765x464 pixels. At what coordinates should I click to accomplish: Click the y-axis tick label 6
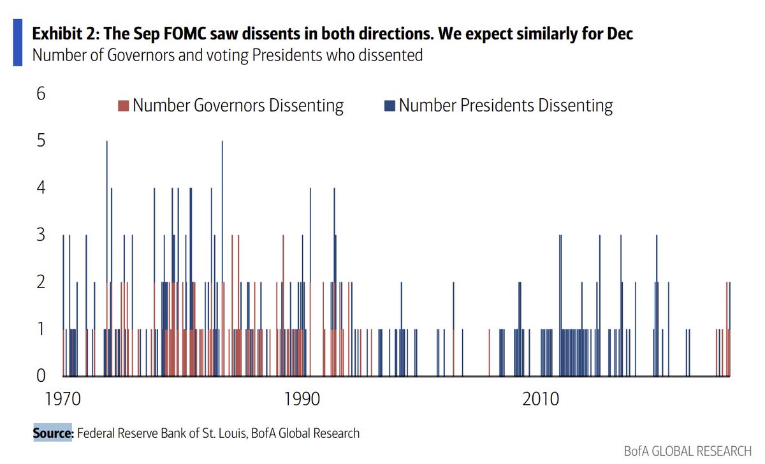[x=41, y=94]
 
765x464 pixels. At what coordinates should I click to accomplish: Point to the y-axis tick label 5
[x=41, y=141]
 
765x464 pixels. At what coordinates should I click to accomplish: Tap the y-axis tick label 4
[x=41, y=188]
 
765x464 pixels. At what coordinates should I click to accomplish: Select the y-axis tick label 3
[x=41, y=235]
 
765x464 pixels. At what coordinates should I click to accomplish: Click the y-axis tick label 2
[x=41, y=282]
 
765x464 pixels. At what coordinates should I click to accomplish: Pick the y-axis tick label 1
[x=41, y=330]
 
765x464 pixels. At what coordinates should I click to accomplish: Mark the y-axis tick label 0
[x=41, y=376]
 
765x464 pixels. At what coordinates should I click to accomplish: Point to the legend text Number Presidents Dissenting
[x=506, y=105]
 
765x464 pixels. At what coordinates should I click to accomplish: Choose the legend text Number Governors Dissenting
[x=238, y=105]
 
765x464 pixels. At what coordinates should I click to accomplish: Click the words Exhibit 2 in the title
[x=64, y=33]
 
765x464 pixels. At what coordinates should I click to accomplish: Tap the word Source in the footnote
[x=54, y=433]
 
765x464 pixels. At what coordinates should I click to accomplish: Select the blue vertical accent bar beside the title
[x=17, y=42]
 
